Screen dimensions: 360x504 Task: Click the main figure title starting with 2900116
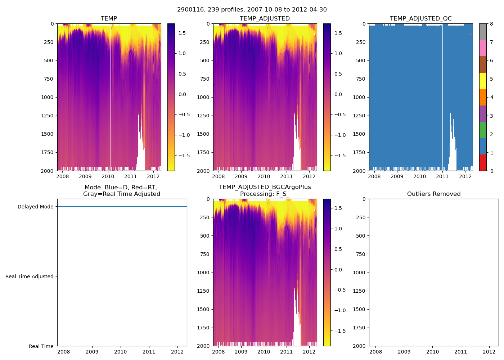[x=252, y=10]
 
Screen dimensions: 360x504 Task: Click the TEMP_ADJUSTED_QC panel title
[x=420, y=19]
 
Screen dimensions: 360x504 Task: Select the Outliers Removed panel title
[x=433, y=194]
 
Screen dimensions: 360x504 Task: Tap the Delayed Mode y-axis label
[x=35, y=207]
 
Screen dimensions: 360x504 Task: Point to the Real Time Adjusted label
[x=29, y=276]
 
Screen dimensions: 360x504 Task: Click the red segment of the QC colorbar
[x=483, y=162]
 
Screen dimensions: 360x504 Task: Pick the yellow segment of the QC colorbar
[x=483, y=81]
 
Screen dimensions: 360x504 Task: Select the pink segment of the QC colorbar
[x=483, y=48]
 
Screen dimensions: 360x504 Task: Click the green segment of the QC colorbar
[x=483, y=130]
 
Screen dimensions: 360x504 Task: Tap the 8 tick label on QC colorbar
[x=491, y=24]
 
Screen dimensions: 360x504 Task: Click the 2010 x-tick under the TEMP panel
[x=108, y=176]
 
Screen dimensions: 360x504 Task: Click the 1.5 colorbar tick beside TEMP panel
[x=182, y=33]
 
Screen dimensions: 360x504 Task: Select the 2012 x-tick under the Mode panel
[x=177, y=352]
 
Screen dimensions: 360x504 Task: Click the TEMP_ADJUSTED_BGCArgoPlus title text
[x=265, y=187]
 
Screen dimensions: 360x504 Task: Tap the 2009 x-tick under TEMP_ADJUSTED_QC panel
[x=397, y=176]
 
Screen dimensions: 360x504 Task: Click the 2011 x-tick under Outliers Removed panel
[x=460, y=352]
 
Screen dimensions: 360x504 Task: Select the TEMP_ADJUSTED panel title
[x=265, y=19]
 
